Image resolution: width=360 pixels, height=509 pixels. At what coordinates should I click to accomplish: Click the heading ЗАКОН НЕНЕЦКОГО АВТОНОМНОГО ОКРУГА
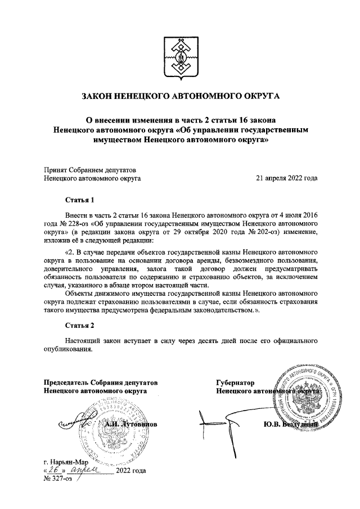tap(181, 97)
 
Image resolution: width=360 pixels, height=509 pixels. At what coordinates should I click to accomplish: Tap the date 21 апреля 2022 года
tap(286, 178)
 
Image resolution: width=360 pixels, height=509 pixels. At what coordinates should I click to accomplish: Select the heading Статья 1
tap(77, 200)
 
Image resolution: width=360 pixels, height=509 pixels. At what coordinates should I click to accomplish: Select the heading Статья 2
tap(77, 326)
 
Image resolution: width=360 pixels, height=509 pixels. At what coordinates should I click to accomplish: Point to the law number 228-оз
tap(80, 223)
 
